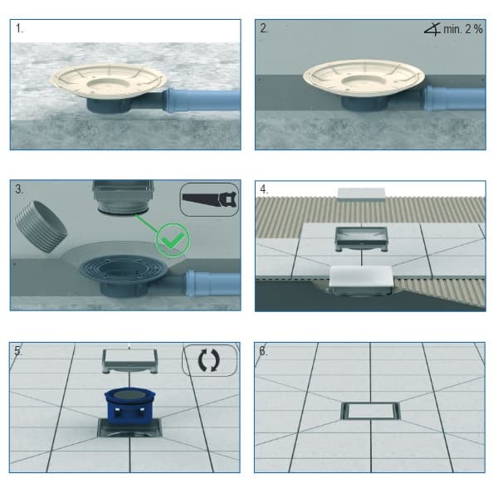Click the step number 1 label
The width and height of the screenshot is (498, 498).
pos(19,28)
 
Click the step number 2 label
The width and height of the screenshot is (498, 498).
pos(264,28)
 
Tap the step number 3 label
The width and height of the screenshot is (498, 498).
pos(19,189)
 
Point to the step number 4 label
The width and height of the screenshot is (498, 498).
pos(264,189)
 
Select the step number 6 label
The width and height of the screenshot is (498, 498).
pos(263,351)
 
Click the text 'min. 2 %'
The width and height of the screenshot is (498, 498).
pos(463,29)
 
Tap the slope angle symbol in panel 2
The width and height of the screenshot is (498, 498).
pos(432,30)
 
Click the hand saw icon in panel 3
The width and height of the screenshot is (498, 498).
pos(210,199)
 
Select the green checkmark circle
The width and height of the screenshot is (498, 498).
pos(173,240)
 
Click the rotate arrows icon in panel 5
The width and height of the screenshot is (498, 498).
pos(209,360)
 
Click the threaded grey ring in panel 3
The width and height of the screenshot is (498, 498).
pos(41,227)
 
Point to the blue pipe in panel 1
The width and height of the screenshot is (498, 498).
pos(202,100)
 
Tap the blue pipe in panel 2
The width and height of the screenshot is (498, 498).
pos(455,99)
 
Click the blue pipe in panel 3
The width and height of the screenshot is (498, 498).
pos(212,283)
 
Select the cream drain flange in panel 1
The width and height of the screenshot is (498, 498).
pos(109,81)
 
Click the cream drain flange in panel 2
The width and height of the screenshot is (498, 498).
pos(364,78)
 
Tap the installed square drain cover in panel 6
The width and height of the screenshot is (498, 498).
pos(370,411)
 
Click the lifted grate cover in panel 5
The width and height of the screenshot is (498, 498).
pos(130,361)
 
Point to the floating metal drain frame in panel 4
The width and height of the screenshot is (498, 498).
pos(361,238)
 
